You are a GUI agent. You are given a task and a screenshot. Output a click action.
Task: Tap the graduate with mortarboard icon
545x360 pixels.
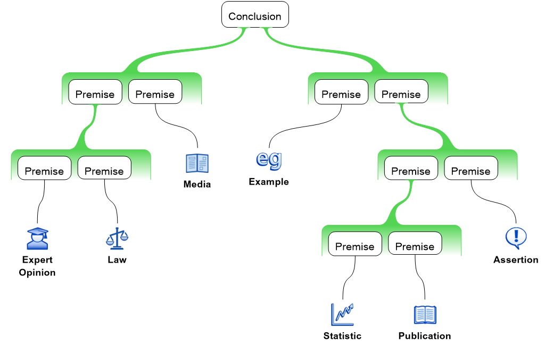(37, 239)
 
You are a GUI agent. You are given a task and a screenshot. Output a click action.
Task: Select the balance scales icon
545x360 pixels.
(117, 239)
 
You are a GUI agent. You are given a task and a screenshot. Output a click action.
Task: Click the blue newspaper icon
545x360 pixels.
(197, 163)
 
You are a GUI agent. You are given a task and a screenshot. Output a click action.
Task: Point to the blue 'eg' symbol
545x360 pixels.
(269, 160)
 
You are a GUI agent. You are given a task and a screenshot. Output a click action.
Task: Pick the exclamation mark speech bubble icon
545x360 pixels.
(515, 238)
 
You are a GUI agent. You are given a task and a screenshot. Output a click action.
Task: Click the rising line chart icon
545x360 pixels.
(342, 314)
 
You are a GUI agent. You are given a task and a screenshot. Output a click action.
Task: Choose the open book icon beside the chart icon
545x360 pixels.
(425, 314)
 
